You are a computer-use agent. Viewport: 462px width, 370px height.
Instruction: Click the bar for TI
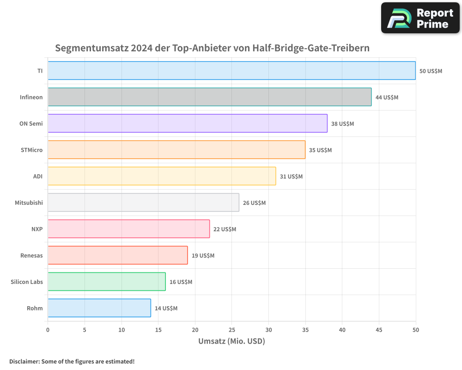pyautogui.click(x=231, y=71)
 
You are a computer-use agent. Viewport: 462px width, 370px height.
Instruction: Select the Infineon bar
pyautogui.click(x=209, y=97)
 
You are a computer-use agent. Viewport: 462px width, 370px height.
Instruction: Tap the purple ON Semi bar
pyautogui.click(x=187, y=123)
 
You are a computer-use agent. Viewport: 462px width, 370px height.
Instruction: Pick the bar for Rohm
pyautogui.click(x=99, y=308)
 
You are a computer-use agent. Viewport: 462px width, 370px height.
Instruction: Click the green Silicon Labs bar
pyautogui.click(x=106, y=282)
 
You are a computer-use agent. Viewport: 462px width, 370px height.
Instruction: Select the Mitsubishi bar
pyautogui.click(x=143, y=203)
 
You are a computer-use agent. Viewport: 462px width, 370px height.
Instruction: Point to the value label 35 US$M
pyautogui.click(x=320, y=150)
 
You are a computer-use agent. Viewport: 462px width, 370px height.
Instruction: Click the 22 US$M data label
pyautogui.click(x=225, y=229)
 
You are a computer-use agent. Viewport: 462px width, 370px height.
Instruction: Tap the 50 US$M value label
pyautogui.click(x=431, y=71)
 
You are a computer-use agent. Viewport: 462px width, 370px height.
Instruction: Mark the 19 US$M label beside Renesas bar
pyautogui.click(x=203, y=256)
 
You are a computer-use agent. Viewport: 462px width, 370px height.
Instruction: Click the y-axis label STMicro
pyautogui.click(x=31, y=150)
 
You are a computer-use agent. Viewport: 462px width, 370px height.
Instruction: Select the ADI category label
pyautogui.click(x=37, y=176)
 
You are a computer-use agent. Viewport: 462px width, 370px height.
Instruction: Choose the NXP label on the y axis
pyautogui.click(x=37, y=229)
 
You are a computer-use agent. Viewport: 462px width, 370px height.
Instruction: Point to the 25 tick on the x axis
pyautogui.click(x=232, y=330)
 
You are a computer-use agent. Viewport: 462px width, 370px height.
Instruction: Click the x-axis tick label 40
pyautogui.click(x=342, y=330)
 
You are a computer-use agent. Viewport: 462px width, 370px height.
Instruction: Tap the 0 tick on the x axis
pyautogui.click(x=48, y=330)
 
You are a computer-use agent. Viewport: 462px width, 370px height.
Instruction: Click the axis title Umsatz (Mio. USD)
pyautogui.click(x=231, y=341)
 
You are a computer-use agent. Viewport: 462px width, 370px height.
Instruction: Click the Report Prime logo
pyautogui.click(x=420, y=18)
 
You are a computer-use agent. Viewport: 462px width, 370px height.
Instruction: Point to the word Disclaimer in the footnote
pyautogui.click(x=24, y=361)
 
